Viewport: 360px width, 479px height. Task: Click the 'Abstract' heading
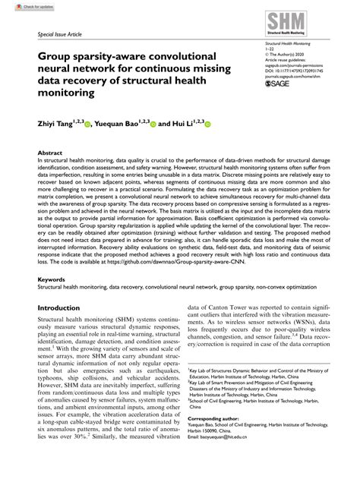[x=50, y=153]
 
